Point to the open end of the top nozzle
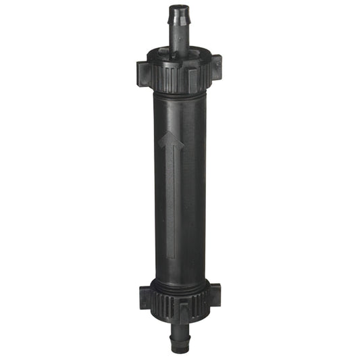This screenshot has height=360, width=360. coord(178,6)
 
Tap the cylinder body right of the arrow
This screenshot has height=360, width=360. coord(192,189)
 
